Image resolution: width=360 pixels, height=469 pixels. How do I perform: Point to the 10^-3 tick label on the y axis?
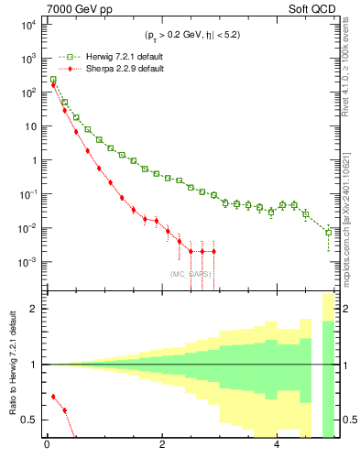click(28, 261)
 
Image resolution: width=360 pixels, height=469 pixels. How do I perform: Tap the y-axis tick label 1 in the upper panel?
click(34, 160)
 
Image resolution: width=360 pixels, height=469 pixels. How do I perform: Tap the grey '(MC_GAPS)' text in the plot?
click(189, 274)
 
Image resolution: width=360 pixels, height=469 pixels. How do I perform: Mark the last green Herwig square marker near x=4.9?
click(329, 233)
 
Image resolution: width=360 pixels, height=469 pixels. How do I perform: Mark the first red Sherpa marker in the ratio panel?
click(53, 397)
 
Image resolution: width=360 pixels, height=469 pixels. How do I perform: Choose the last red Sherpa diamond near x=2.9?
click(213, 251)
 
